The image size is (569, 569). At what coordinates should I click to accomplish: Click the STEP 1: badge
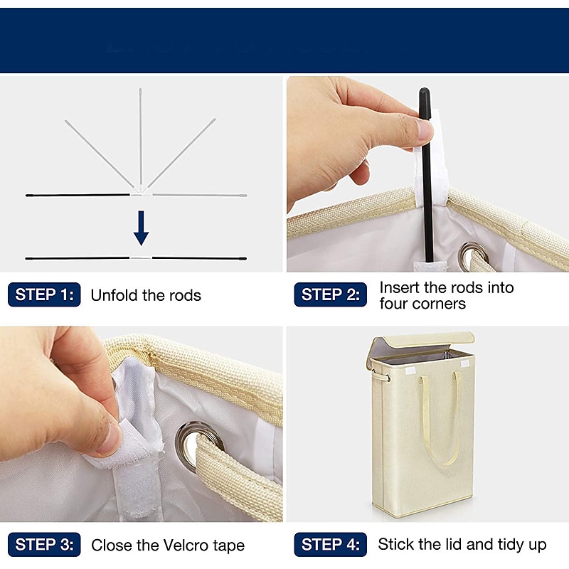point(44,294)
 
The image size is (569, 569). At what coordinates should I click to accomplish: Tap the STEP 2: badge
point(330,294)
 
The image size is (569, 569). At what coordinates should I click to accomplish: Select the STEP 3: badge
point(44,544)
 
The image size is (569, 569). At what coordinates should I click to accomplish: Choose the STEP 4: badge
point(330,544)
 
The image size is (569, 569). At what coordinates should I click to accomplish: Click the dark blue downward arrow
point(141,228)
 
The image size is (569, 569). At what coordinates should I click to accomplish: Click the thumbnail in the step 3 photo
point(109,440)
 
